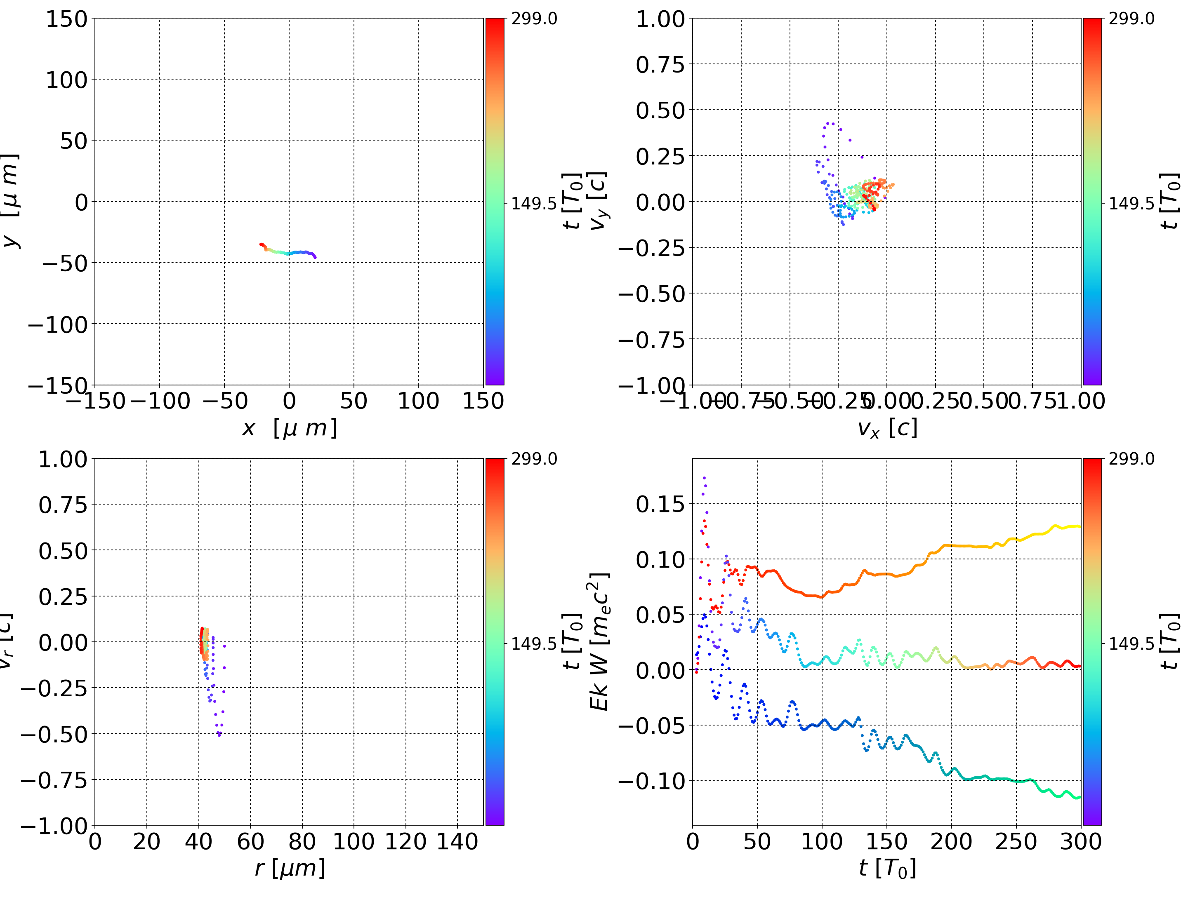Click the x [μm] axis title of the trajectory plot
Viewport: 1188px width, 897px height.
pos(290,428)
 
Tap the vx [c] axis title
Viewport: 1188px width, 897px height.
pos(887,428)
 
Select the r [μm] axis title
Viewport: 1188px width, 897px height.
pos(290,868)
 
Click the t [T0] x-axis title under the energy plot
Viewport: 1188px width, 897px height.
pos(887,868)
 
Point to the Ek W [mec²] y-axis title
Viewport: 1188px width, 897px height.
pos(599,641)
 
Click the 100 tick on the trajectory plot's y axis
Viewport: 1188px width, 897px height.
pos(66,80)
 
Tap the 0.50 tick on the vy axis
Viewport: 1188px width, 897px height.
pos(660,110)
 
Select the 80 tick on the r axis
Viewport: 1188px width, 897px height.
pos(302,841)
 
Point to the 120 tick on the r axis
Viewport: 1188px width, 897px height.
pos(405,841)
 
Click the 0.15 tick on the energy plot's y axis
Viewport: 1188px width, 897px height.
pos(660,504)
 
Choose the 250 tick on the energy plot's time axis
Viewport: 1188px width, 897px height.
pos(1016,841)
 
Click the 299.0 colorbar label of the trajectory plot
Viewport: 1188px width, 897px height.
pos(534,19)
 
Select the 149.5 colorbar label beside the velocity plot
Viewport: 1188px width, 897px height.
pos(1131,204)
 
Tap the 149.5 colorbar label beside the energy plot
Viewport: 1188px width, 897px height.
pos(1131,643)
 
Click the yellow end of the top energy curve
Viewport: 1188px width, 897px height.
pos(1078,526)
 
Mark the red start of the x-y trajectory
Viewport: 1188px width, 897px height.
pos(262,244)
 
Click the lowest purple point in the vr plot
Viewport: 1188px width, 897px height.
pos(219,735)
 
